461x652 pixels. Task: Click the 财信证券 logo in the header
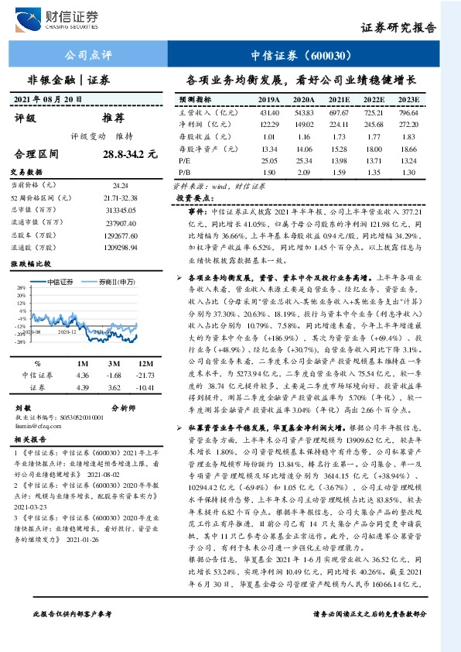(x=63, y=19)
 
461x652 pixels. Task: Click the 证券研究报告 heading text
(x=398, y=27)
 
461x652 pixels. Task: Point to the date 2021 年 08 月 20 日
(x=48, y=100)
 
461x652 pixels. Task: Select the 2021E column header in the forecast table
(x=338, y=101)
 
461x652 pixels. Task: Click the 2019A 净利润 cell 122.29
(x=268, y=124)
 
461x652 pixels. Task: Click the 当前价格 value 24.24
(x=120, y=186)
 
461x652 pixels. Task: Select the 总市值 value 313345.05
(x=120, y=209)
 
